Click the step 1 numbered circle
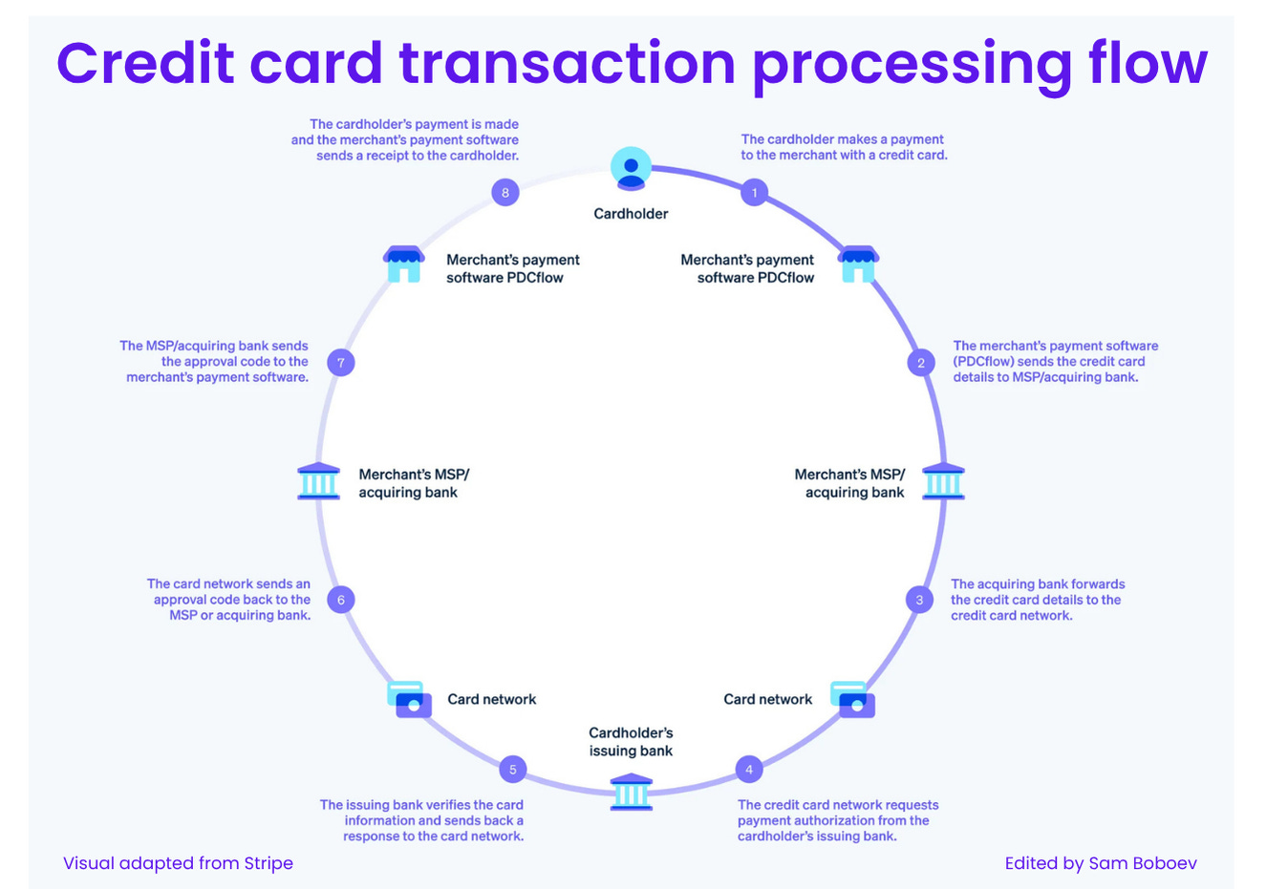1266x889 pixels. coord(754,193)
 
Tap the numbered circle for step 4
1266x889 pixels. coord(749,770)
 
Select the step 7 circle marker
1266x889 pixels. coord(341,363)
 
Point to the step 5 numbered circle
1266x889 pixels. coord(513,770)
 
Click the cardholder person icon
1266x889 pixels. coord(631,169)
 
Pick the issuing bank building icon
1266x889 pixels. coord(631,793)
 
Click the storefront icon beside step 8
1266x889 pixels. coord(404,264)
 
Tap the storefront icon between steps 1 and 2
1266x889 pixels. coord(858,264)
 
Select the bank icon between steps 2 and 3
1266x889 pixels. coord(943,481)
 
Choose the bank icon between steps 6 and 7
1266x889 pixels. coord(318,481)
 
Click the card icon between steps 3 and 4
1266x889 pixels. coord(852,699)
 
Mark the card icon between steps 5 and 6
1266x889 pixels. coord(410,699)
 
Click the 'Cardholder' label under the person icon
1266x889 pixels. coord(631,214)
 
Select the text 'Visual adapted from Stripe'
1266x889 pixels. coord(178,863)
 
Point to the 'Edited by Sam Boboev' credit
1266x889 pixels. coord(1100,863)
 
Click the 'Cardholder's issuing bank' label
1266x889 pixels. coord(631,742)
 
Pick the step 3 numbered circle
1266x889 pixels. coord(919,600)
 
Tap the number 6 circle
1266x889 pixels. coord(341,600)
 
